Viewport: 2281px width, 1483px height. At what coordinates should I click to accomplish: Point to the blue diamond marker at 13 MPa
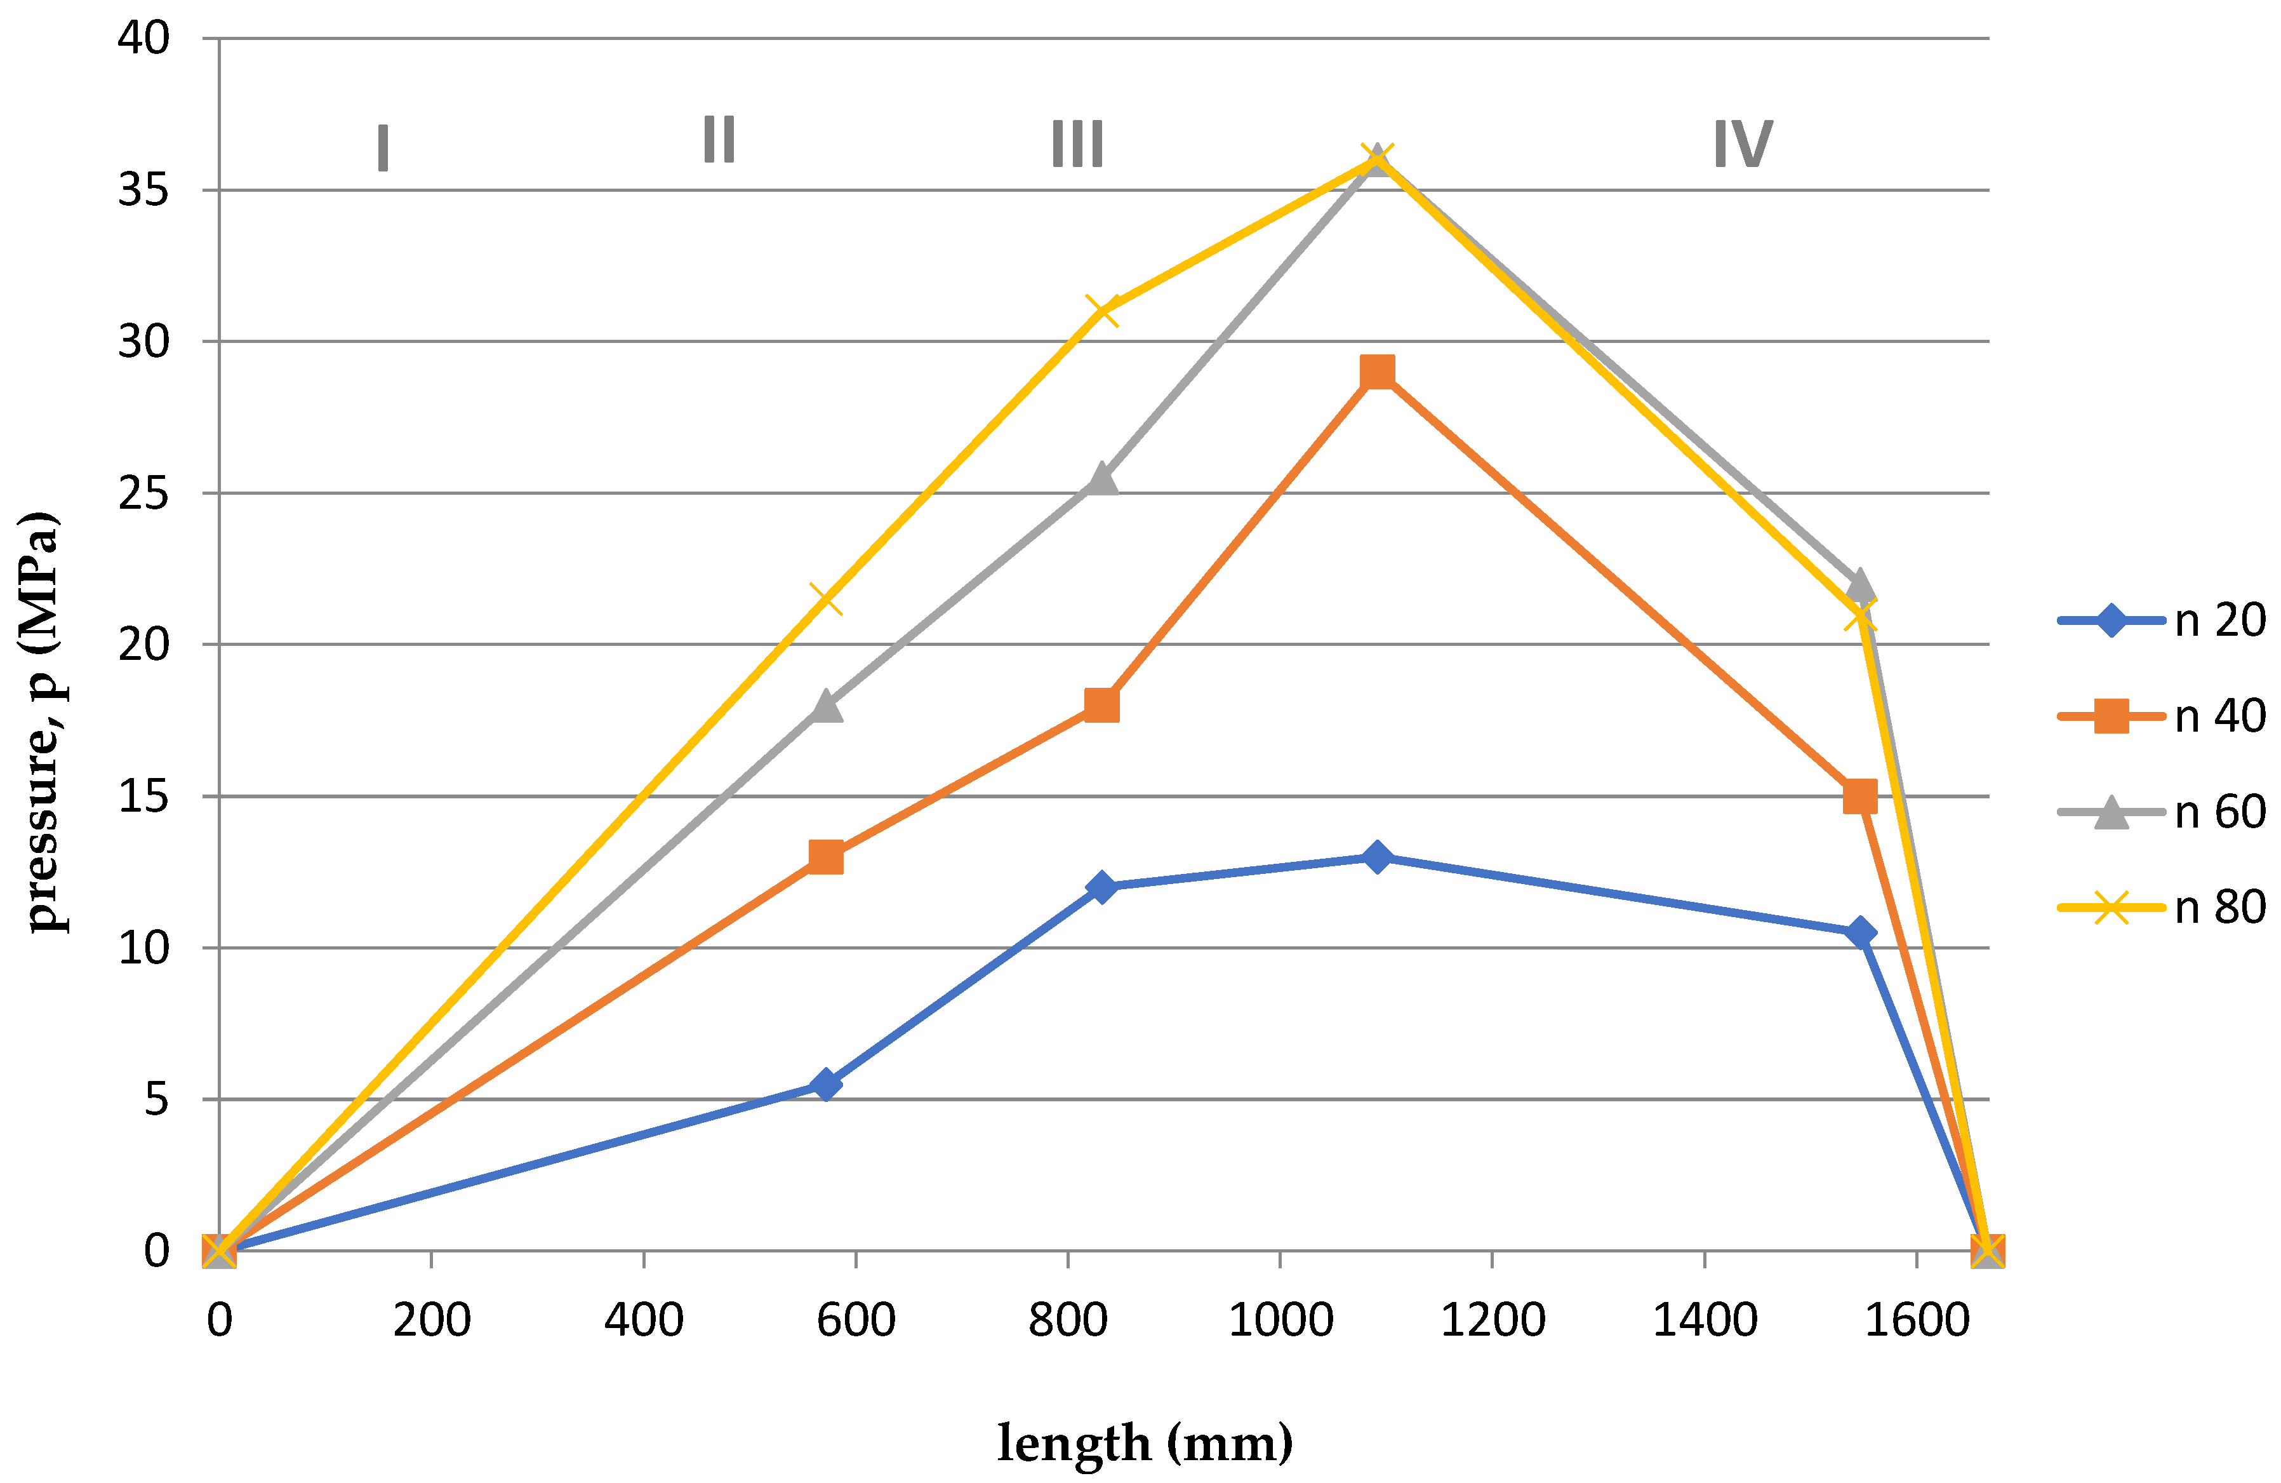1377,856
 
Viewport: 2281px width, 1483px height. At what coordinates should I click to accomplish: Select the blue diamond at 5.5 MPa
825,1084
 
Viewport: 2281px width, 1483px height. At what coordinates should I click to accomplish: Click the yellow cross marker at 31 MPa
1102,311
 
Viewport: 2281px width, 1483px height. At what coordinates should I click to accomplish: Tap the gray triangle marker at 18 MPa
825,706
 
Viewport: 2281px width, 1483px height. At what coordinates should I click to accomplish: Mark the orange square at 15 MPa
1860,796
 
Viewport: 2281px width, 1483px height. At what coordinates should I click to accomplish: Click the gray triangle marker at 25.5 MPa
1102,478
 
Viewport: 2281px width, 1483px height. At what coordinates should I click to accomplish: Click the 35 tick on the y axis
143,191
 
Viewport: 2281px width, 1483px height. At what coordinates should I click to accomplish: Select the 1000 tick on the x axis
1280,1321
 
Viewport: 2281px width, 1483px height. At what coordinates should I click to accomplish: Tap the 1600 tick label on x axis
1917,1321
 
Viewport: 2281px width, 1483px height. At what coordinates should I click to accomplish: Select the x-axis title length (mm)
1145,1443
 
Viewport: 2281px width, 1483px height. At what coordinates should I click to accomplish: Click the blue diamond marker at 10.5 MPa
1860,933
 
